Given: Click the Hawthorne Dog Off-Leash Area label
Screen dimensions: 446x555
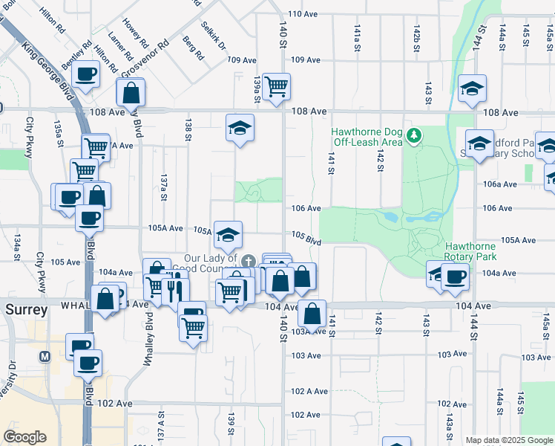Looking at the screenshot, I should pos(367,137).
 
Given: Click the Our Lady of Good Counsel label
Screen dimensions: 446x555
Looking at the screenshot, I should pos(211,264).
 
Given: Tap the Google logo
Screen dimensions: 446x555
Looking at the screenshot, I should pos(24,437).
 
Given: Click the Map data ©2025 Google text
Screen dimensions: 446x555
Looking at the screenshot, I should pos(509,440).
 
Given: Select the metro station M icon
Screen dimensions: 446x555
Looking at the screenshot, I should pos(46,356).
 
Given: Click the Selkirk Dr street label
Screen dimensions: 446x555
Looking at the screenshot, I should pos(213,32).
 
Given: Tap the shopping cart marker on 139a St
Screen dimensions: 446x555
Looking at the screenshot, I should pos(276,85).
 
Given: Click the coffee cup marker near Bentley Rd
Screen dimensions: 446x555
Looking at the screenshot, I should pos(85,74).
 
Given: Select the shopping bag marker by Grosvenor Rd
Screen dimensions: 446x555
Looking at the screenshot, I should pos(131,93).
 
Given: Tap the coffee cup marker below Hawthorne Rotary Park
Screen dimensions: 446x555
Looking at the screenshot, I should pos(455,277).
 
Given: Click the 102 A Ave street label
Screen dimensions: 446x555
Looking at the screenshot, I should pos(309,391).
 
